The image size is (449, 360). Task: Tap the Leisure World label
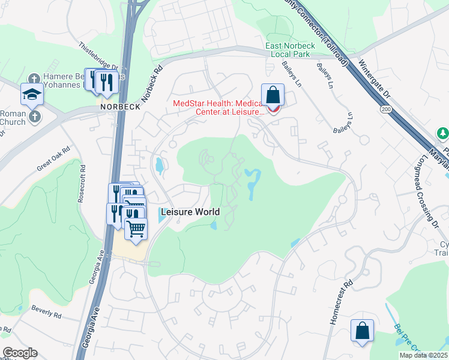click(x=190, y=212)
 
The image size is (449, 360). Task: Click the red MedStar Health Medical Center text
click(x=218, y=107)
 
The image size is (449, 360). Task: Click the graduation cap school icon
click(x=32, y=94)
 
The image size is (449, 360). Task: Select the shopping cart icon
click(x=136, y=229)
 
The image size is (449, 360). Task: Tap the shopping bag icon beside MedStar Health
click(x=273, y=95)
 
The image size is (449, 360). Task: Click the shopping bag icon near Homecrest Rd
click(x=362, y=331)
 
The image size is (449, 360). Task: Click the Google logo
click(x=20, y=353)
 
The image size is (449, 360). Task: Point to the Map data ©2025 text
click(x=424, y=355)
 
